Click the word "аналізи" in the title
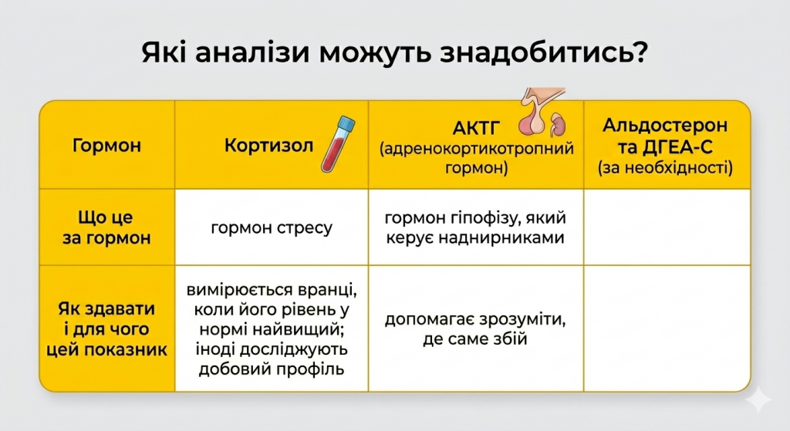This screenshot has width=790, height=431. [246, 56]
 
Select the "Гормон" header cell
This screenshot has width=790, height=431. [106, 145]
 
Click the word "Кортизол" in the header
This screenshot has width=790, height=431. [269, 145]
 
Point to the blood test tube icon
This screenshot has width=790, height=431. [336, 142]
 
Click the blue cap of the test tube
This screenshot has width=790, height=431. [346, 123]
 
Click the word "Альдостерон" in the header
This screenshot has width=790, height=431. [665, 126]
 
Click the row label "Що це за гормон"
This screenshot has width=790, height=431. [106, 227]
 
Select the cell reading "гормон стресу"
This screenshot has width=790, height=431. [271, 227]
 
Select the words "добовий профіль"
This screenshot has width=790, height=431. [271, 369]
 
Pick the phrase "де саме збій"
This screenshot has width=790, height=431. [475, 338]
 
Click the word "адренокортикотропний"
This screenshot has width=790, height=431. [477, 148]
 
